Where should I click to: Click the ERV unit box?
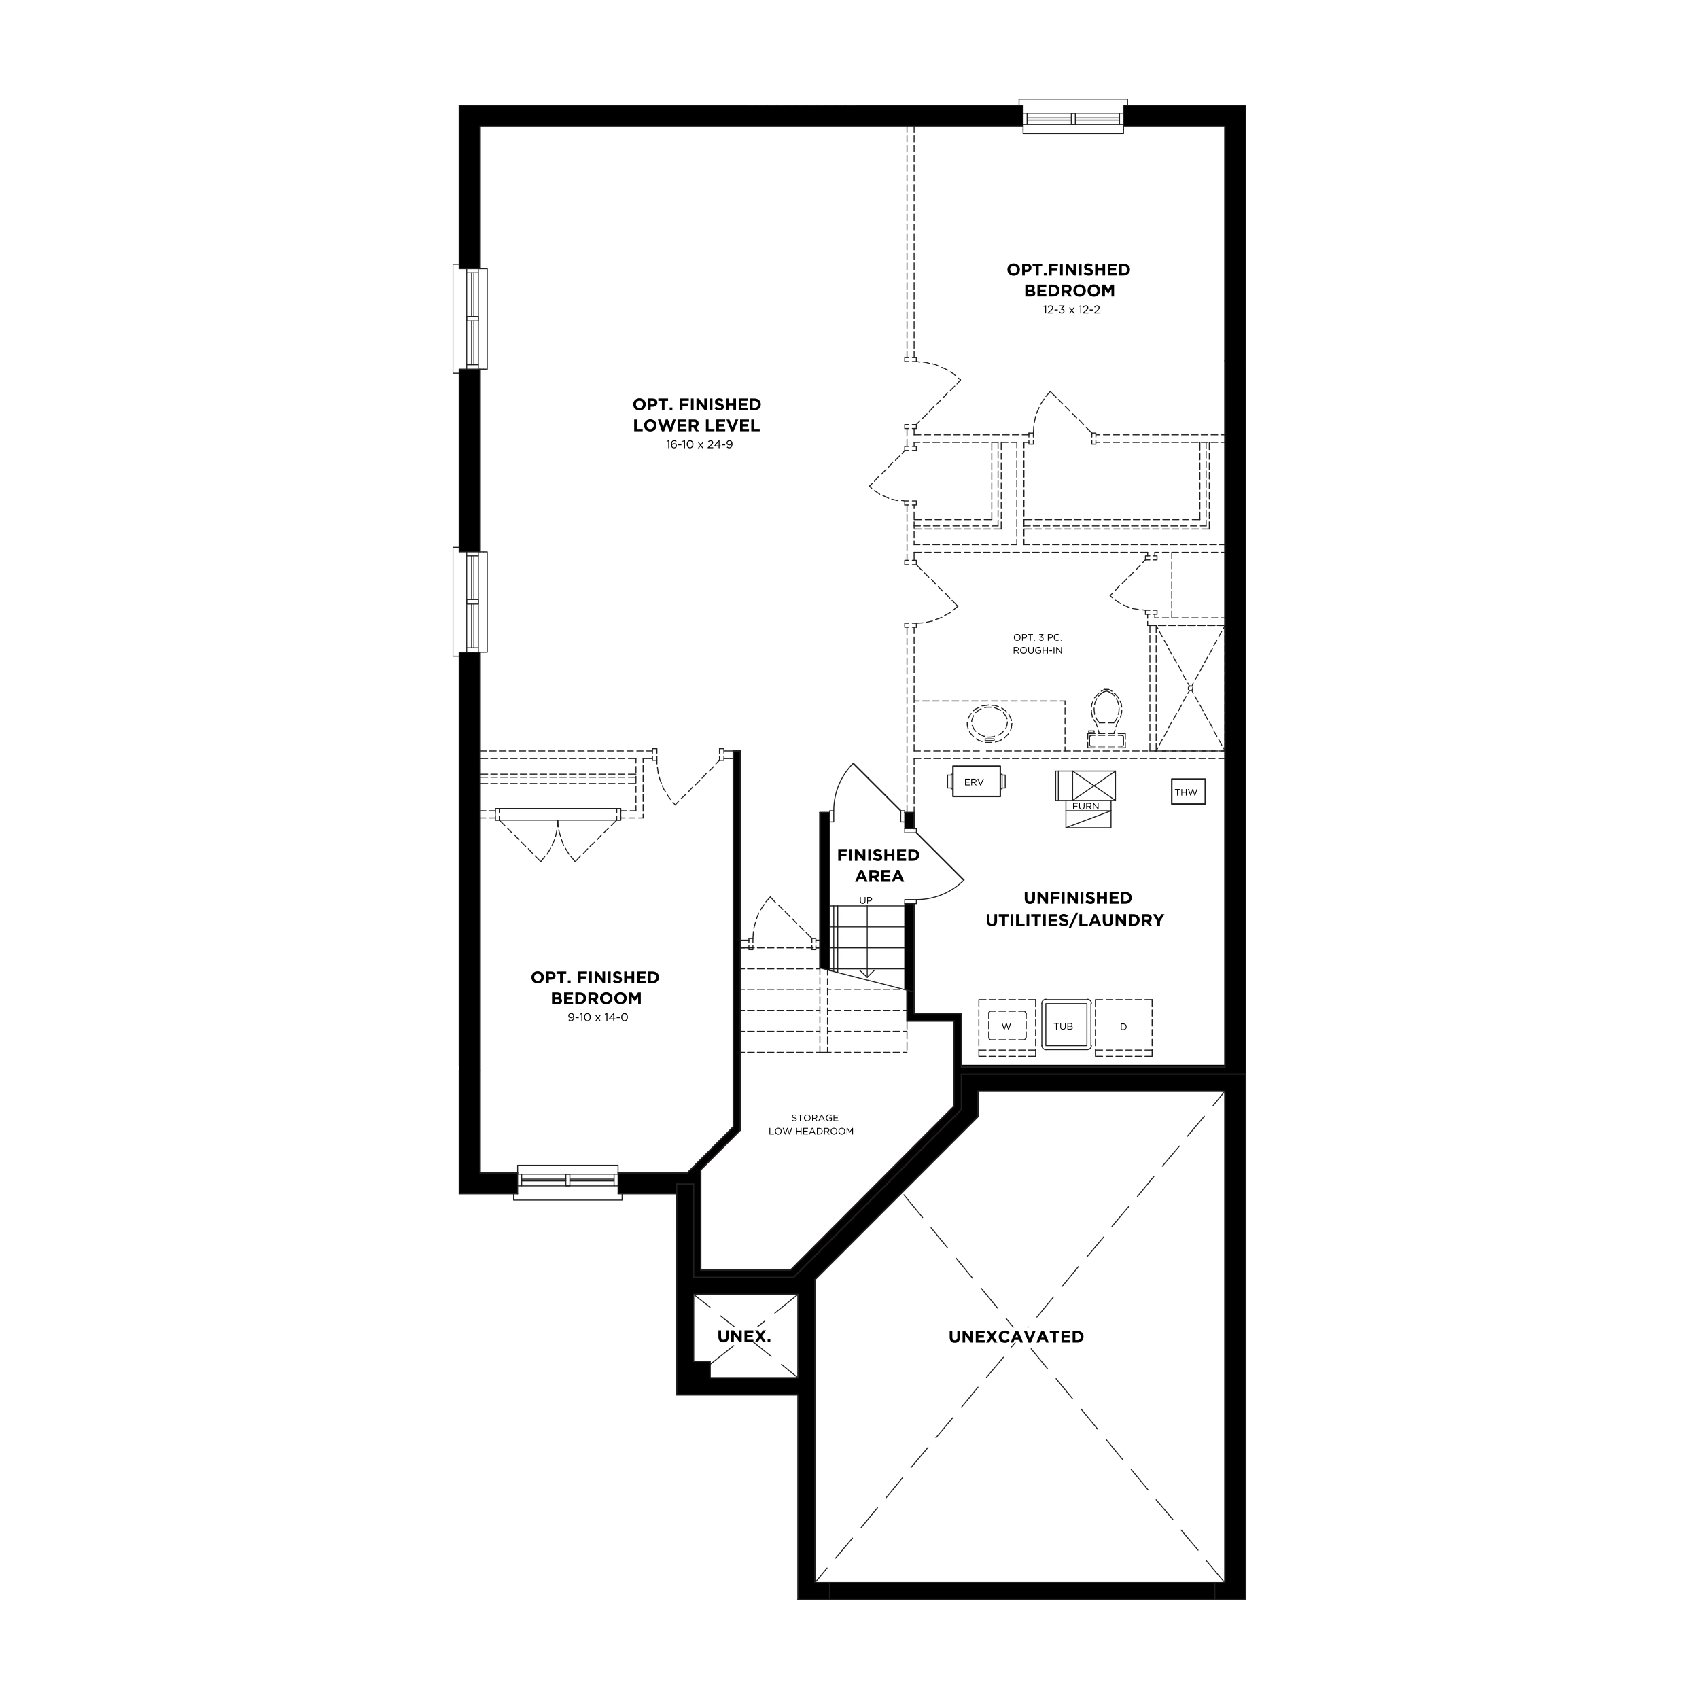[976, 782]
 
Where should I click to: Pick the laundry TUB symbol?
[1066, 1026]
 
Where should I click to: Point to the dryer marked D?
[1124, 1027]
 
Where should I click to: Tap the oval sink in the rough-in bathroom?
[989, 724]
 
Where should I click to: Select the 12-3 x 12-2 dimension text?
[1068, 309]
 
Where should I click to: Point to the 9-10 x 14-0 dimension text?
[598, 1017]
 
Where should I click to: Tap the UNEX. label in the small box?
[744, 1337]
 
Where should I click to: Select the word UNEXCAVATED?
[1016, 1337]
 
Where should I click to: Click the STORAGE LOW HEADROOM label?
[811, 1125]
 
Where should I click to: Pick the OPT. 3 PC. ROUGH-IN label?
[1038, 644]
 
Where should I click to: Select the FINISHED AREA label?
[879, 865]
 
